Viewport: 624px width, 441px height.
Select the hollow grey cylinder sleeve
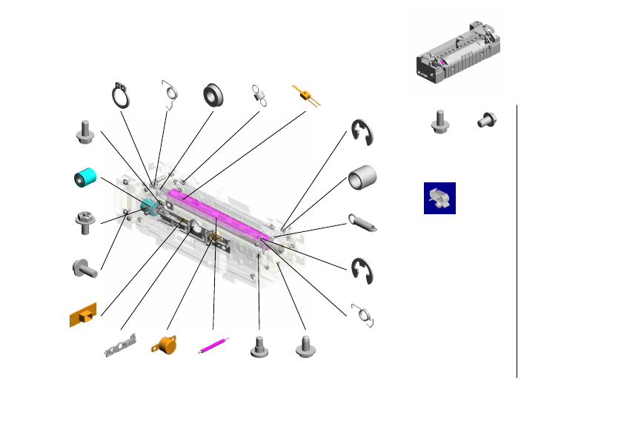[x=362, y=178]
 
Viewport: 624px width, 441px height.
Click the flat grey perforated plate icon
[x=120, y=347]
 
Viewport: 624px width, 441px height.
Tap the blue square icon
[x=439, y=199]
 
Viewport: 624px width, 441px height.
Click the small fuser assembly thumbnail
[x=457, y=51]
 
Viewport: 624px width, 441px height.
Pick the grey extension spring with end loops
[x=363, y=222]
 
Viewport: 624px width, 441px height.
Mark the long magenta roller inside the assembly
[x=215, y=216]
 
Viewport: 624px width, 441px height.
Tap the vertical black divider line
[x=517, y=241]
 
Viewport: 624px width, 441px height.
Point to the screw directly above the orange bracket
[x=83, y=268]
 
